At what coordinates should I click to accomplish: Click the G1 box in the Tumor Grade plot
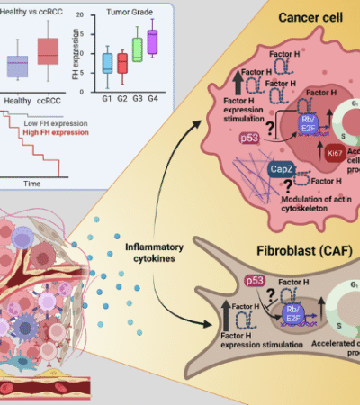point(108,62)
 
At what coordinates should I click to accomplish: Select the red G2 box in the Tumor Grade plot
point(122,62)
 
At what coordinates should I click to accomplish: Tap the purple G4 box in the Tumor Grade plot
point(152,41)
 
